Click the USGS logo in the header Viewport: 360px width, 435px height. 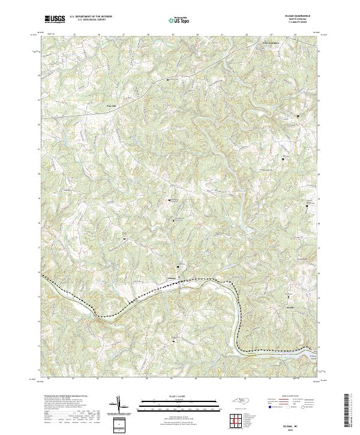click(53, 20)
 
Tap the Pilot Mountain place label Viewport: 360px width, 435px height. click(272, 44)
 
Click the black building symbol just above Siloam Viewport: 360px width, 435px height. click(178, 266)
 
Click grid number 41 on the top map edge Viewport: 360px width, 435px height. click(222, 35)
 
